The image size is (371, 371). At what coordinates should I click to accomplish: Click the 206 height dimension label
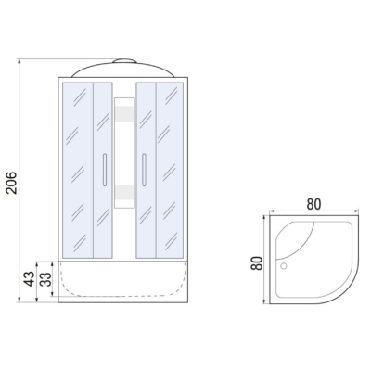[x=12, y=183]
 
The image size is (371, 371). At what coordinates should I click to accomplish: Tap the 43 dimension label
[x=30, y=279]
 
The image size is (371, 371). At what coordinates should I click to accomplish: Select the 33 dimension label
[x=45, y=279]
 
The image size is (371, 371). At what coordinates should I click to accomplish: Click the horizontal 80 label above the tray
[x=313, y=204]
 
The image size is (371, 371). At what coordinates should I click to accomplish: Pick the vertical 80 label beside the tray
[x=257, y=263]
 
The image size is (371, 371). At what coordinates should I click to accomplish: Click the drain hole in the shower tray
[x=283, y=266]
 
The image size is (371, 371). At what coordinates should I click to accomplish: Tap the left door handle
[x=105, y=170]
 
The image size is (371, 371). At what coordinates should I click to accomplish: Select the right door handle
[x=144, y=170]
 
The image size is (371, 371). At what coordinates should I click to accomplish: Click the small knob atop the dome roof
[x=124, y=60]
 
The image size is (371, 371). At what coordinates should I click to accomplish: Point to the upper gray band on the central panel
[x=124, y=113]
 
